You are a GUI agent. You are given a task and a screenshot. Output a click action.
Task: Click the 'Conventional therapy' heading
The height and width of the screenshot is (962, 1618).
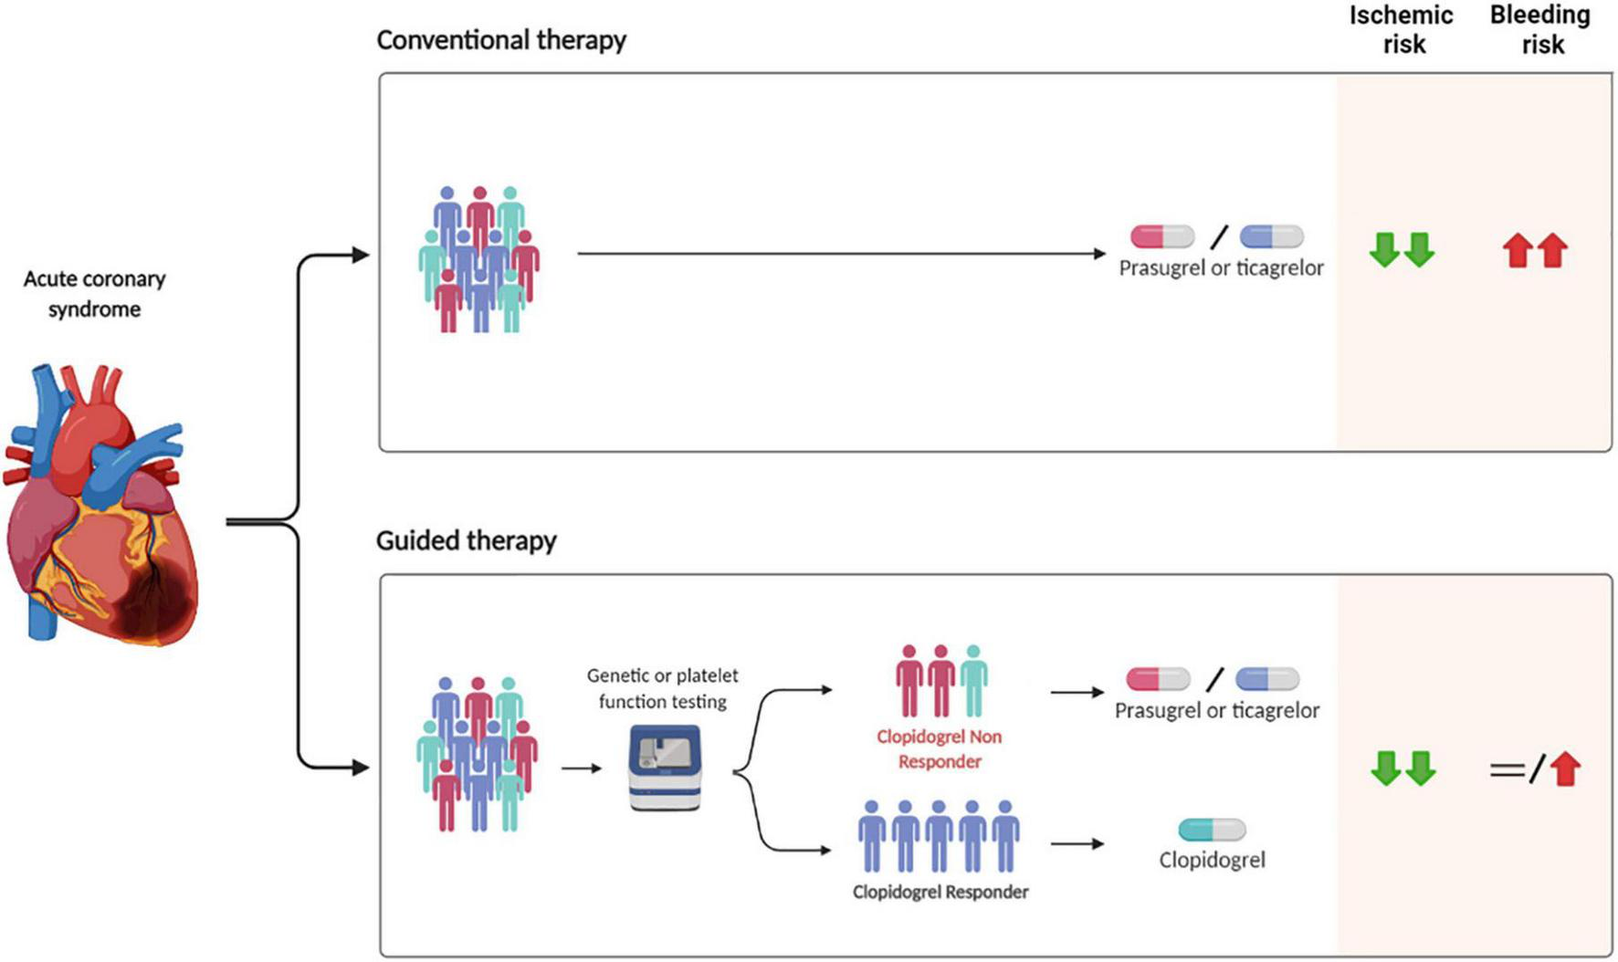501,40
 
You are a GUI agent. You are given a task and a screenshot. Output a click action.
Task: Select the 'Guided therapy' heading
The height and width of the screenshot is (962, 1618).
467,540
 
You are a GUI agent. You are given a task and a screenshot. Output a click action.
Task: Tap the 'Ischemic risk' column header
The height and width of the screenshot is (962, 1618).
1402,29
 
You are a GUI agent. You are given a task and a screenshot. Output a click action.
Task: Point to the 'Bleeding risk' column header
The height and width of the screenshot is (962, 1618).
1540,29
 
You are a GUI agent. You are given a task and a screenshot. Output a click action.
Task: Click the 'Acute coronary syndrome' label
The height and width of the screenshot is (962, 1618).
95,294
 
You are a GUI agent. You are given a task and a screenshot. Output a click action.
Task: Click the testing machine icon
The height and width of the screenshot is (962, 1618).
665,769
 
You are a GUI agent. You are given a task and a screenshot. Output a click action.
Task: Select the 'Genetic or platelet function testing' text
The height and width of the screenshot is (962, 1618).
663,688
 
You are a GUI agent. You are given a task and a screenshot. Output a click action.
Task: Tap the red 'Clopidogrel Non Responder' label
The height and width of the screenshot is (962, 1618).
940,748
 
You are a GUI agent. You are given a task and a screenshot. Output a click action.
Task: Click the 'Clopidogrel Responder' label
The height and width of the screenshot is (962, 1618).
940,892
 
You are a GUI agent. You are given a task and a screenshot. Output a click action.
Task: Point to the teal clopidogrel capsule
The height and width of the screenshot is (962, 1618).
1212,830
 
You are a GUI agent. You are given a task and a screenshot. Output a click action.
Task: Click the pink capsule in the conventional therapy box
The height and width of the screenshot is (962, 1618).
1162,237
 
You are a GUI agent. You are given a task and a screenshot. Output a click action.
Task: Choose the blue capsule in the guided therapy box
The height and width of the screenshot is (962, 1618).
1267,679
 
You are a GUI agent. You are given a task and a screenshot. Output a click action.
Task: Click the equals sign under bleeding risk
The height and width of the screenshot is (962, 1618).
1507,770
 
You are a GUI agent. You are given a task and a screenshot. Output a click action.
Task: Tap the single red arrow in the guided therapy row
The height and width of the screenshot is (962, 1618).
1566,769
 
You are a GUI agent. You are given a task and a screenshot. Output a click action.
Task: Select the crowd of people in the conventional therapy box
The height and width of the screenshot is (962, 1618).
479,260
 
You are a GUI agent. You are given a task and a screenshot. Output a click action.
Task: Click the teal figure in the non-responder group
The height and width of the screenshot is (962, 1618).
973,681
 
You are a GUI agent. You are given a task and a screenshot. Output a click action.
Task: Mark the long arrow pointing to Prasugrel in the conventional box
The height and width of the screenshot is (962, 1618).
842,254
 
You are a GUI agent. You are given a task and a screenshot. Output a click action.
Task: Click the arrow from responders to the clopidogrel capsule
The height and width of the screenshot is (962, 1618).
1077,844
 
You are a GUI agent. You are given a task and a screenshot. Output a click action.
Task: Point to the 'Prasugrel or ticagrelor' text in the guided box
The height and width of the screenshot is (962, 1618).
1217,710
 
